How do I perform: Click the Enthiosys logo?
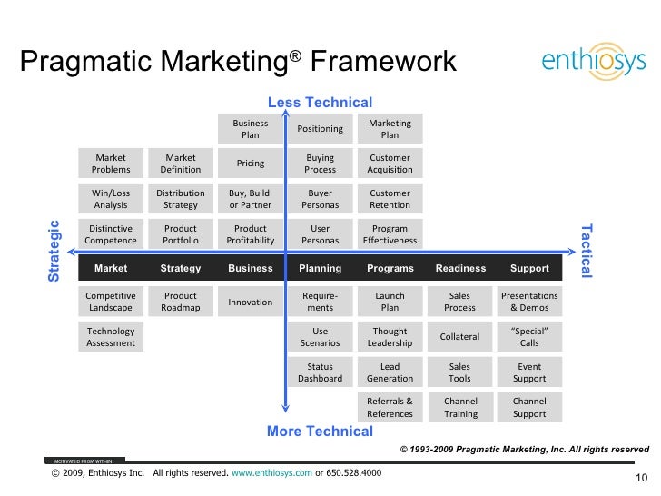click(593, 61)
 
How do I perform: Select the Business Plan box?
click(251, 129)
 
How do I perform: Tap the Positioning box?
click(321, 129)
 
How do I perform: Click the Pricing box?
click(251, 164)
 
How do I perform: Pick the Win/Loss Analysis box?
click(111, 199)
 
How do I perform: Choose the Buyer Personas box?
click(321, 199)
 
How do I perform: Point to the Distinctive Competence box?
click(111, 234)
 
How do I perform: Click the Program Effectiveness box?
click(390, 234)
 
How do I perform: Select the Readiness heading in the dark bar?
click(460, 268)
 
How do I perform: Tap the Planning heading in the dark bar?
click(321, 268)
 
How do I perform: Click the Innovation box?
click(251, 302)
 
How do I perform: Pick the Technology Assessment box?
click(111, 337)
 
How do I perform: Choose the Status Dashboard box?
click(321, 372)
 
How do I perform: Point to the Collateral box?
click(460, 337)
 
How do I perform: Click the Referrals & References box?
click(390, 407)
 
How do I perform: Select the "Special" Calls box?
click(529, 337)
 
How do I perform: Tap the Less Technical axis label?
click(320, 103)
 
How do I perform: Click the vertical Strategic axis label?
click(54, 251)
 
